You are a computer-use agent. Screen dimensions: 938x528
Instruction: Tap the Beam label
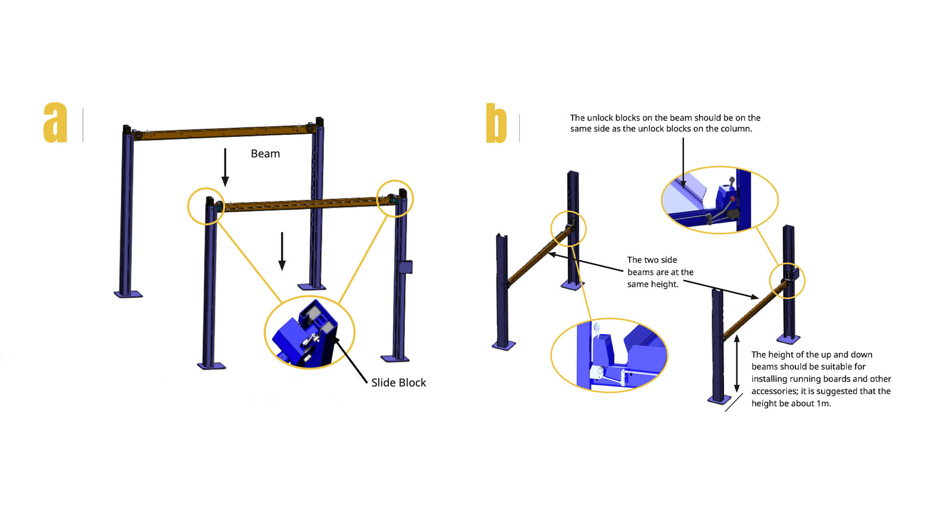[265, 154]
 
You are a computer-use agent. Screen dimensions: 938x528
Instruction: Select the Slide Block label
[399, 382]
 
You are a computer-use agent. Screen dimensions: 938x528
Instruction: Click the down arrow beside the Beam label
[225, 167]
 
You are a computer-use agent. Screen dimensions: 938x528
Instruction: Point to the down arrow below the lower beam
[282, 251]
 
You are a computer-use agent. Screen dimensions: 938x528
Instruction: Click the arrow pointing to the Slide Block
[351, 360]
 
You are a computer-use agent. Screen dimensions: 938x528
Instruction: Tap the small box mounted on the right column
[405, 267]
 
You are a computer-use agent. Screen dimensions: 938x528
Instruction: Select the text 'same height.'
[653, 284]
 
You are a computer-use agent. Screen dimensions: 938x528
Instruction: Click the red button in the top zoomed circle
[732, 198]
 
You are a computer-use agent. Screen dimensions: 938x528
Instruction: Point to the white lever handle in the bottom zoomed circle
[597, 330]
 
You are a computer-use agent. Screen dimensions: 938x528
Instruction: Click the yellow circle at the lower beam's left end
[206, 206]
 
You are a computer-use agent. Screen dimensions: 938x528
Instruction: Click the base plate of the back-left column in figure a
[128, 294]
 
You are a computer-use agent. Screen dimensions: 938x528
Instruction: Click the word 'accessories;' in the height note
[775, 391]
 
